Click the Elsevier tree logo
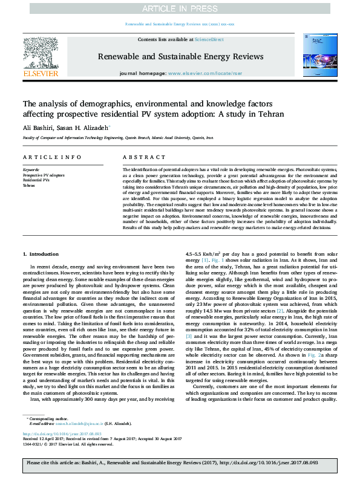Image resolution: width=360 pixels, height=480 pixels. (x=41, y=55)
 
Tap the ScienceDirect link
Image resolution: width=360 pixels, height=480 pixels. (x=209, y=39)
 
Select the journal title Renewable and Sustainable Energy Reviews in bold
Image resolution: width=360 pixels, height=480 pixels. (x=180, y=57)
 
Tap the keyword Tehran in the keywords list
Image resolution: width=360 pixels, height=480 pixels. (x=29, y=185)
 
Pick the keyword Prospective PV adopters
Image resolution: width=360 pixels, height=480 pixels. (x=44, y=175)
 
